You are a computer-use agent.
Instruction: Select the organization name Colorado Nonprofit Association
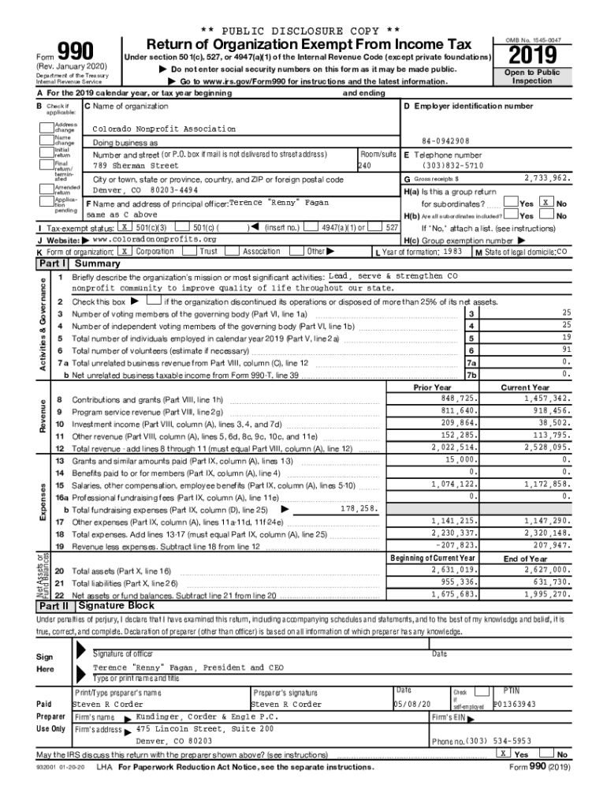pos(164,129)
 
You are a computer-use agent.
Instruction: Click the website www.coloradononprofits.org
pos(155,239)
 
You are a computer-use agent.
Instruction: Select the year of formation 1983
pos(452,251)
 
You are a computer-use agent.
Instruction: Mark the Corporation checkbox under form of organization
pos(125,251)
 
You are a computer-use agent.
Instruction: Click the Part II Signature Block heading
pos(116,606)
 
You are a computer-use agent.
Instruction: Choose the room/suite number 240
pos(364,166)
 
